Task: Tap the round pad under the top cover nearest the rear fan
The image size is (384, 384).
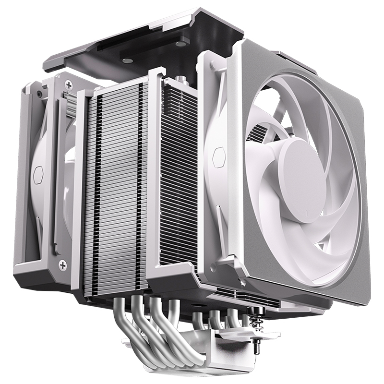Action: pos(128,61)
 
